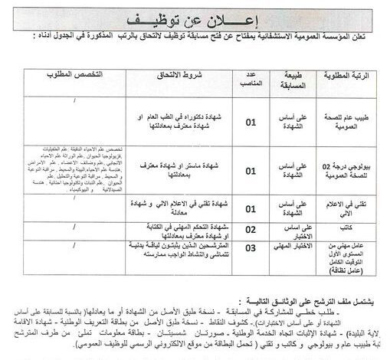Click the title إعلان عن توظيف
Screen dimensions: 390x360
(195, 18)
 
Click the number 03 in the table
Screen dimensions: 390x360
(250, 248)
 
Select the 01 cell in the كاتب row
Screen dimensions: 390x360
(250, 227)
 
